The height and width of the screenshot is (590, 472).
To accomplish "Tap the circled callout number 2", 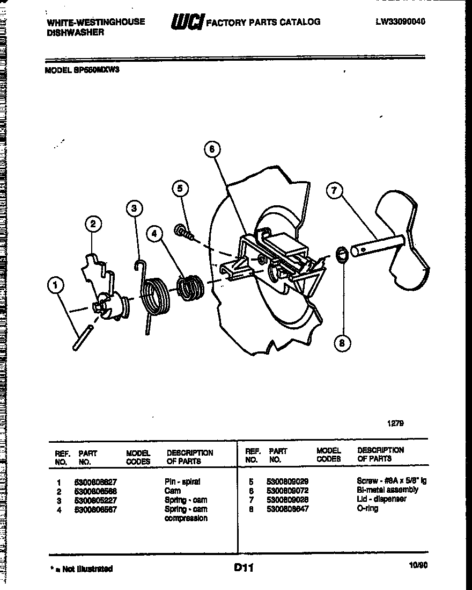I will tap(93, 225).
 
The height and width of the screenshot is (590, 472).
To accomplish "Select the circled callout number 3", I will tap(135, 208).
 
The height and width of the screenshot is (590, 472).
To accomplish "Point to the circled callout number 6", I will tap(212, 149).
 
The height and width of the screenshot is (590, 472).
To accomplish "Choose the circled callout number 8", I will tap(342, 342).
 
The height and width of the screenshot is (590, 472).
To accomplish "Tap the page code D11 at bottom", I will tap(243, 567).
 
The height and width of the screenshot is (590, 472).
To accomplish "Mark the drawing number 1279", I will tap(395, 423).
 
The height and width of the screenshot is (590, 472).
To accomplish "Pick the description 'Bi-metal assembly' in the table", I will tap(387, 490).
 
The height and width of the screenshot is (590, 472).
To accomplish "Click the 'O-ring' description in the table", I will tap(367, 508).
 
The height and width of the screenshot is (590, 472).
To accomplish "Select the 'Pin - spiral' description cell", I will tap(182, 482).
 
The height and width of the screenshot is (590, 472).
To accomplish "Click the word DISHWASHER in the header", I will tap(75, 32).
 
